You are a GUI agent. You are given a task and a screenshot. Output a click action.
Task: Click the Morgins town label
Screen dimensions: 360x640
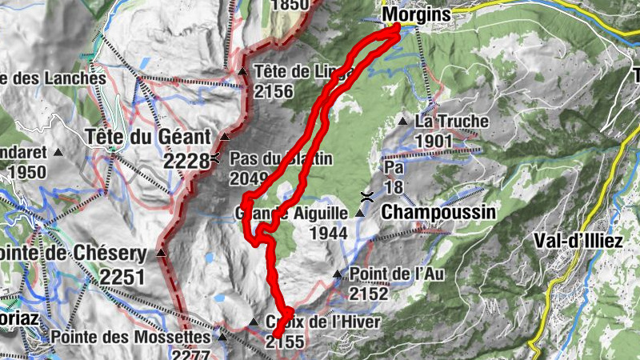click(416, 14)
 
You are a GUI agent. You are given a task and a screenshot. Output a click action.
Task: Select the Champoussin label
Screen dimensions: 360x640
click(438, 213)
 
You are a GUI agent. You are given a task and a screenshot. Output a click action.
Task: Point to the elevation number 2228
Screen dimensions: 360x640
click(186, 161)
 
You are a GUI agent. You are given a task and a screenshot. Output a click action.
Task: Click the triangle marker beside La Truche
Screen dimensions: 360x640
click(403, 122)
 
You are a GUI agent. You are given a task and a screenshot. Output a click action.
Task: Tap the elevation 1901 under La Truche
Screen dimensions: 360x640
click(434, 142)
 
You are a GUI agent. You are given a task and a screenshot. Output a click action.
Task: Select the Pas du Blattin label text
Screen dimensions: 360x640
click(281, 158)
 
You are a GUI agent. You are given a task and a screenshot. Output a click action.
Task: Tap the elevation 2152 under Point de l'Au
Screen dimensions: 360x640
click(368, 294)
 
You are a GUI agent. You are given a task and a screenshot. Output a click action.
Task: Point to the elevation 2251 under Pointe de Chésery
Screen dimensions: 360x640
click(123, 277)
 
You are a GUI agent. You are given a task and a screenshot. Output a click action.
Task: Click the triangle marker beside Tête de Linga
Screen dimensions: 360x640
click(243, 72)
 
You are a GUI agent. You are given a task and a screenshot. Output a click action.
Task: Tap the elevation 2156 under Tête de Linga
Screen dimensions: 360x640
click(274, 91)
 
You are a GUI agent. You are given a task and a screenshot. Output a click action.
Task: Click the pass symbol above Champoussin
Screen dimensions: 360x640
click(366, 196)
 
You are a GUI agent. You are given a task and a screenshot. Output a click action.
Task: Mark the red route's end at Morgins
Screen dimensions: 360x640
click(397, 28)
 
